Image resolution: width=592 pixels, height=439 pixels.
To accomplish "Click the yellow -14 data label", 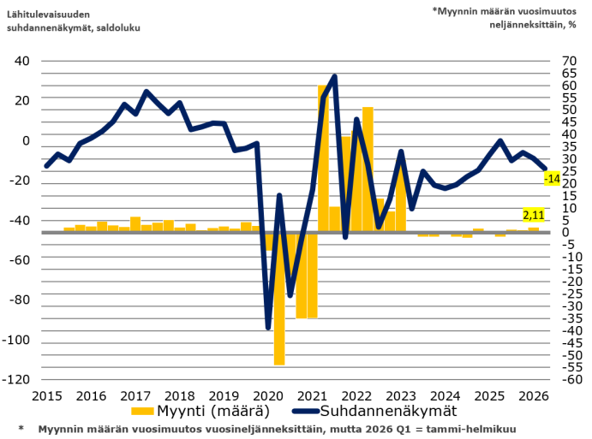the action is [x=552, y=178].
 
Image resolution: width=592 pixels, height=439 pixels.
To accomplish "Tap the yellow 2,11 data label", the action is [x=534, y=215].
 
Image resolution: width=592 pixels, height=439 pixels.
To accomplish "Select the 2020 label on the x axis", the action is [x=267, y=396].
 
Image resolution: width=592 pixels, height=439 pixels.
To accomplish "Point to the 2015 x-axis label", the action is [x=47, y=396].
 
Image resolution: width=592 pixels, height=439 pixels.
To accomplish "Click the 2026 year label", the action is [x=534, y=396].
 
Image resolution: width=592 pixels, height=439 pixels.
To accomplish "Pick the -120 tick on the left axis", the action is [x=16, y=379].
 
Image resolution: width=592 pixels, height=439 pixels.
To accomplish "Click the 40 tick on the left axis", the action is [x=22, y=61].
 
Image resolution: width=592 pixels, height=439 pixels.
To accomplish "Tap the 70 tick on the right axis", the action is [x=570, y=61].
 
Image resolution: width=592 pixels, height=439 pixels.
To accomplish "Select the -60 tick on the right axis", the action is [x=572, y=379].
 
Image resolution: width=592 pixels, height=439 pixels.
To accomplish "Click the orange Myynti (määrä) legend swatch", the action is [x=142, y=411].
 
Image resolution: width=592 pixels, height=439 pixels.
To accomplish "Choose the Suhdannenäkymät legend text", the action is [x=388, y=411].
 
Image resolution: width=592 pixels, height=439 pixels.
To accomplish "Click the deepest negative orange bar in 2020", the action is [x=279, y=300].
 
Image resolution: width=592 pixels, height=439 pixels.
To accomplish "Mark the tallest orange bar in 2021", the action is [x=323, y=158].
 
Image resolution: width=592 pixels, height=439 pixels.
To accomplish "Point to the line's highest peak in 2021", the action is [x=334, y=76].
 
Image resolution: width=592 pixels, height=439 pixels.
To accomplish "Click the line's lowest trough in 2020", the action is [x=268, y=328].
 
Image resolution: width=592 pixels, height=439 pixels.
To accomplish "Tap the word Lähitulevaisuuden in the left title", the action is [x=48, y=15].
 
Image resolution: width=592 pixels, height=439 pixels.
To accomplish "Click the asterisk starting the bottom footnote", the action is [x=21, y=428].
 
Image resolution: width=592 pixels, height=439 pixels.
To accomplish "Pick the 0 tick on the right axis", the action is [x=565, y=232].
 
